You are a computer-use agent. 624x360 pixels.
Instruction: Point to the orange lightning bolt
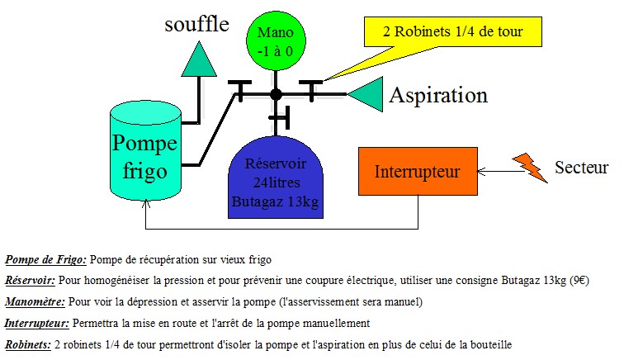[529, 168]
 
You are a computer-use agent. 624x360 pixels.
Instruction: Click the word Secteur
[581, 168]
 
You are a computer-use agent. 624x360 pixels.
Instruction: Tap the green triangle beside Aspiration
[366, 94]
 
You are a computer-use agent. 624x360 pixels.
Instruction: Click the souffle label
[196, 24]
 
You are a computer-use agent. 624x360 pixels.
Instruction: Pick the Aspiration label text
[438, 95]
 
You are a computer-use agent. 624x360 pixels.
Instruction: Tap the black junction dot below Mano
[277, 94]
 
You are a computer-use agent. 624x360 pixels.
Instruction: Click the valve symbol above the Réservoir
[282, 118]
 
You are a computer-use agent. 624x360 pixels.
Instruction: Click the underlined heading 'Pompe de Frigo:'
[45, 258]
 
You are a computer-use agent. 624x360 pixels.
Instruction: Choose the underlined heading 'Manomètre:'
[35, 301]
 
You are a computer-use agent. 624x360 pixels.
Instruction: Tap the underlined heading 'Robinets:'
[27, 344]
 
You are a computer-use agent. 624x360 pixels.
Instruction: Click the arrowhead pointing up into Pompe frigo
[145, 213]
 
